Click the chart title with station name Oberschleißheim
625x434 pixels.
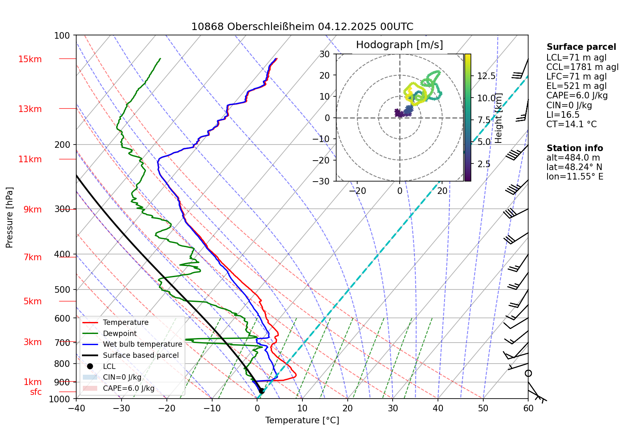(x=302, y=27)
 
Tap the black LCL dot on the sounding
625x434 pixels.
(x=261, y=390)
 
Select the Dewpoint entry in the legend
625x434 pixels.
(x=119, y=334)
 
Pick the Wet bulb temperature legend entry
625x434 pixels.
(x=142, y=344)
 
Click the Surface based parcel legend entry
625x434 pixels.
(x=140, y=355)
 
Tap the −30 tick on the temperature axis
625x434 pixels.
(x=121, y=408)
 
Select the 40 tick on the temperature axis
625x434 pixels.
(x=438, y=408)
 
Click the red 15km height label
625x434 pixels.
(x=30, y=59)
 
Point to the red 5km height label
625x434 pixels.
(x=33, y=301)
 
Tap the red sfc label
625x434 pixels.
(x=36, y=392)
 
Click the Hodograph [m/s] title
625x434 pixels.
(x=399, y=45)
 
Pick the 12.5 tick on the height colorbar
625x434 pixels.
(x=486, y=76)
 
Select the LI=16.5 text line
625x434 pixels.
(x=563, y=115)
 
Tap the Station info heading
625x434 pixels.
(x=574, y=148)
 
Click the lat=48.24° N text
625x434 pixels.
(x=574, y=167)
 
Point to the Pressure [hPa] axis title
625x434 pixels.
(x=9, y=217)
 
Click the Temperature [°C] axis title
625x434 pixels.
(x=302, y=420)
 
